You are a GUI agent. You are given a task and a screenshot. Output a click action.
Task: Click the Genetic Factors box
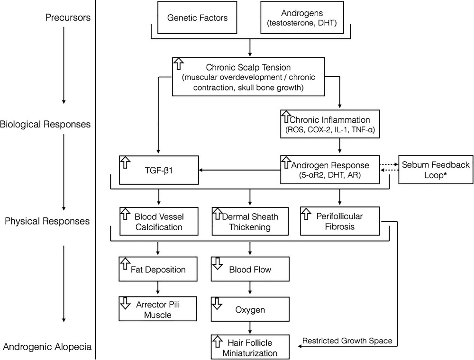pos(197,18)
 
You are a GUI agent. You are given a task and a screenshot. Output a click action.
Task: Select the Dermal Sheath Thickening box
pos(250,222)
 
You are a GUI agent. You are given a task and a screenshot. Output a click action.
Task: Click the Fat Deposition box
pos(158,270)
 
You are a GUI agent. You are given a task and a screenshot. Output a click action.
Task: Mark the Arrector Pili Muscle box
pos(158,308)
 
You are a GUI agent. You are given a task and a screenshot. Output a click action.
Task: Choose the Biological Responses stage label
pos(46,126)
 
